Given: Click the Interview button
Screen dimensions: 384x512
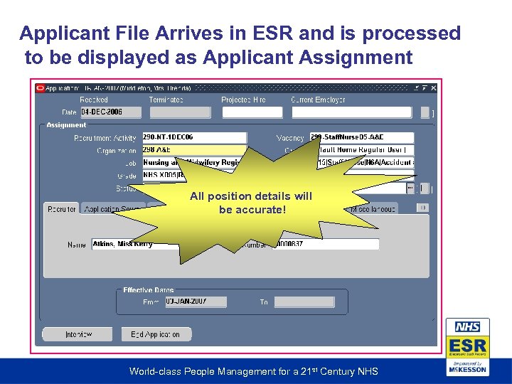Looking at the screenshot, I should tap(78, 334).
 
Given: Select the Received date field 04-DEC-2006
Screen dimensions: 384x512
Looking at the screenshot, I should tap(110, 112).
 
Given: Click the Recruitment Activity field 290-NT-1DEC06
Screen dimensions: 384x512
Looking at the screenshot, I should tap(193, 137).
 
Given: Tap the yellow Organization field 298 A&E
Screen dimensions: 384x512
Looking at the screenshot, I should tap(193, 150).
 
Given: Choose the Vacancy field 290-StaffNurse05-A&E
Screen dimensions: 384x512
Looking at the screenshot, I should tap(361, 137).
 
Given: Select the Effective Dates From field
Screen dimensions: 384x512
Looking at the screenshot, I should tap(196, 302).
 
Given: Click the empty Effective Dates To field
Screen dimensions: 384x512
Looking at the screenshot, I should tap(304, 302).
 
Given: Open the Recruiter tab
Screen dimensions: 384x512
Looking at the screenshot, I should tap(62, 209).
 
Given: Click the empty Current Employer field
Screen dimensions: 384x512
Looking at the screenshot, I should tap(351, 112).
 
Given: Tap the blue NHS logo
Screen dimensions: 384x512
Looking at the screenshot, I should tap(467, 327).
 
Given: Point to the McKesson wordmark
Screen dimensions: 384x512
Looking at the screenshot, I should tap(467, 370).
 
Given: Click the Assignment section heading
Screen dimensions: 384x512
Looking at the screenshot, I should tap(66, 125).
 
